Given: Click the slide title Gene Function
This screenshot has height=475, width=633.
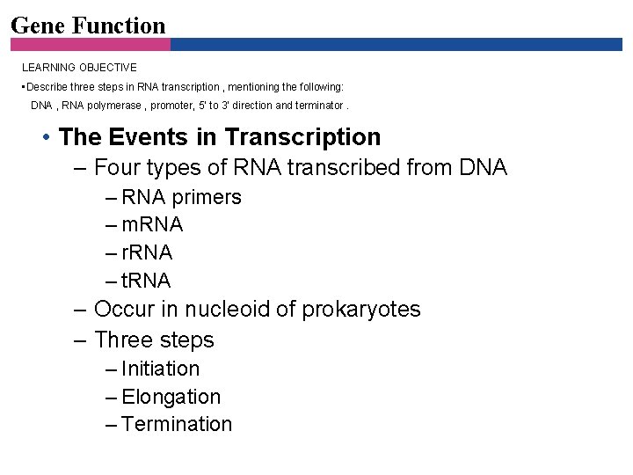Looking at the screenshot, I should [x=88, y=25].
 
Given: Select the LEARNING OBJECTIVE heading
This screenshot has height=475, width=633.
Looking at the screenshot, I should [x=79, y=67].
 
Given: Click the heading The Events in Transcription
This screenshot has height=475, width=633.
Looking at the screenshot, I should [x=220, y=137].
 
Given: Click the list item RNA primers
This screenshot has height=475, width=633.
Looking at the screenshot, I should [x=181, y=197].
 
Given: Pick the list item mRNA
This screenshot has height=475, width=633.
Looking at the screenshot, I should [x=152, y=225].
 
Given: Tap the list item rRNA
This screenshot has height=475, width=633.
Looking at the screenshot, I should [x=147, y=253].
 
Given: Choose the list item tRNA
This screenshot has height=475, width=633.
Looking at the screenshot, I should [x=146, y=281].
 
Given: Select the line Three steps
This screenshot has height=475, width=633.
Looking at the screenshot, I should [x=154, y=340].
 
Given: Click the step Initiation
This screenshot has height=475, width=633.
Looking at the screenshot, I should [x=161, y=369].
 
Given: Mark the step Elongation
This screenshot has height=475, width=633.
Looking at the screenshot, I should [x=171, y=397].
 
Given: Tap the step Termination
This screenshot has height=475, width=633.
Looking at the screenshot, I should [x=177, y=424].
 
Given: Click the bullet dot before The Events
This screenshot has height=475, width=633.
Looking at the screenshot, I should [x=45, y=138].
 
